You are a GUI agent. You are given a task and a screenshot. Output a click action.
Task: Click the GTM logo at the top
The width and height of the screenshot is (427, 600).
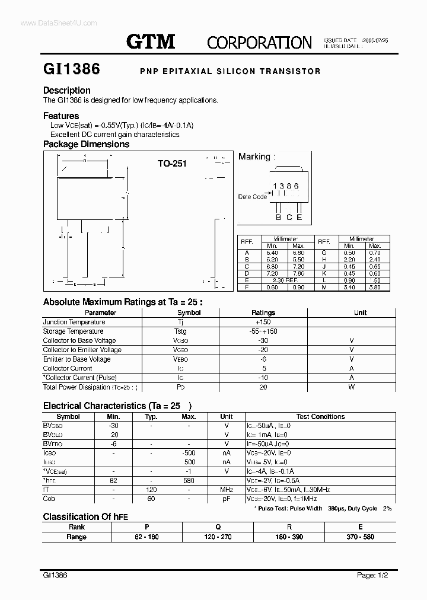[151, 42]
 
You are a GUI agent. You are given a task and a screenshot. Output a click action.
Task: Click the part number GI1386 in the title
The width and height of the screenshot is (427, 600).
[72, 69]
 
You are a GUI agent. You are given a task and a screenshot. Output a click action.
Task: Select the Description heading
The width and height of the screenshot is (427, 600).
[67, 91]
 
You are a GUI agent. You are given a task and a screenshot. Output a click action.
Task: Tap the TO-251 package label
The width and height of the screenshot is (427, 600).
[172, 163]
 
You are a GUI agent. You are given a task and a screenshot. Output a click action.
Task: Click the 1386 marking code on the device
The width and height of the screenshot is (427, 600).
[286, 186]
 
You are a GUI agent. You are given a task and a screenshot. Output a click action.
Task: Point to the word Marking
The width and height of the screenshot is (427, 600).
[254, 157]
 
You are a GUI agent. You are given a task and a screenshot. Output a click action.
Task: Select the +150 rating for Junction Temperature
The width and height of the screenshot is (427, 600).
[263, 322]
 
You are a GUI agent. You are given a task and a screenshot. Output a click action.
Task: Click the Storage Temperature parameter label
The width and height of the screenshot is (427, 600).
[73, 331]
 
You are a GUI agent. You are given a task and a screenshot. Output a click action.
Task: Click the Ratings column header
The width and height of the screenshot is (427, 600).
[263, 312]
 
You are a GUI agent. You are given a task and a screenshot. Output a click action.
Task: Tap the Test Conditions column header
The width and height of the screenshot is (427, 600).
[320, 417]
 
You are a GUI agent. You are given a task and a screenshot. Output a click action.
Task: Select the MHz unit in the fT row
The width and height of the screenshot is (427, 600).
[227, 490]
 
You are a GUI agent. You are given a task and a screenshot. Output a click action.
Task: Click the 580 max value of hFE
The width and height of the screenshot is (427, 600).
[189, 481]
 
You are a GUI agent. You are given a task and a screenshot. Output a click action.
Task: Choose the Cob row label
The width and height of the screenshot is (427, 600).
[49, 499]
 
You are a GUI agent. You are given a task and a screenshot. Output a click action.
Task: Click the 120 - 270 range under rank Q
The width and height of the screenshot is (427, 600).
[218, 537]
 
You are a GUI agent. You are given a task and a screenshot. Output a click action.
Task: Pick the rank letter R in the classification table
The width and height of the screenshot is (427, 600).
[289, 527]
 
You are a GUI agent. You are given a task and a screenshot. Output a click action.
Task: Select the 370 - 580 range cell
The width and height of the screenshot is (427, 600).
[360, 537]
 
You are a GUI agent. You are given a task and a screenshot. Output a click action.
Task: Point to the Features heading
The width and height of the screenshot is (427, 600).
[61, 116]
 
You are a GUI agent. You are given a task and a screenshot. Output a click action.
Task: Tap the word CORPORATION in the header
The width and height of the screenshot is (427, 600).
[259, 43]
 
